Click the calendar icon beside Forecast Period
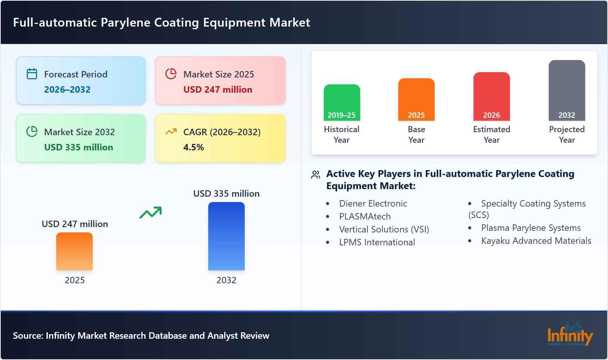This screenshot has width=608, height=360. [32, 74]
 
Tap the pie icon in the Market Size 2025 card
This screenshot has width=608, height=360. [171, 74]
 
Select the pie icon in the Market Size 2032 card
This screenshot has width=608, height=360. [32, 131]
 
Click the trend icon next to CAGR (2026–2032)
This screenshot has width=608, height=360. [171, 131]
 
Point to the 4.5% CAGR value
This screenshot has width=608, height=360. [193, 147]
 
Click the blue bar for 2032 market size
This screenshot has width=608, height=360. [226, 236]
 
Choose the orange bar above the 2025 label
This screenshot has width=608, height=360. [74, 251]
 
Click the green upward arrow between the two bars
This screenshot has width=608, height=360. [150, 213]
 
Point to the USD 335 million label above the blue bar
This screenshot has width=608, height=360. [226, 194]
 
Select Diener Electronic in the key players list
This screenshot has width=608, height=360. [373, 204]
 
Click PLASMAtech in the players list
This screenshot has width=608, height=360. [365, 216]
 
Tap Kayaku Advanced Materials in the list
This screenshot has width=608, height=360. [536, 241]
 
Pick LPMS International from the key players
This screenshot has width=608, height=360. [377, 242]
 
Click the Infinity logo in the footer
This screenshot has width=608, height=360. [570, 334]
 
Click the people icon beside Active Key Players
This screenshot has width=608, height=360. [315, 175]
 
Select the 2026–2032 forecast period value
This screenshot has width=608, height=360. [67, 90]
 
